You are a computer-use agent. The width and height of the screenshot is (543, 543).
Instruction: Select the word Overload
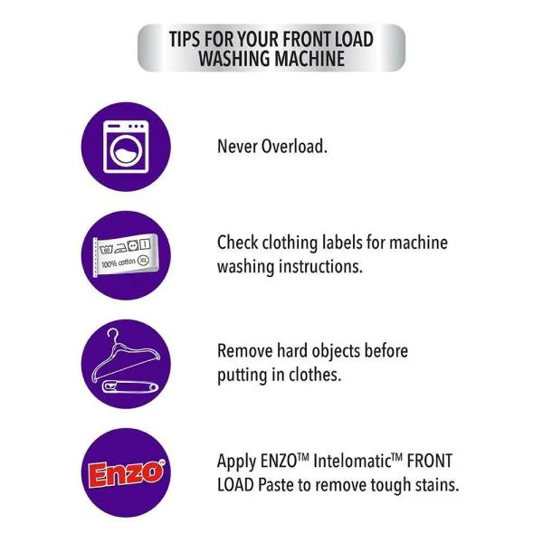291,146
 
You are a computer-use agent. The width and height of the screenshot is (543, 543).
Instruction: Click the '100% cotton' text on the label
118,264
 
